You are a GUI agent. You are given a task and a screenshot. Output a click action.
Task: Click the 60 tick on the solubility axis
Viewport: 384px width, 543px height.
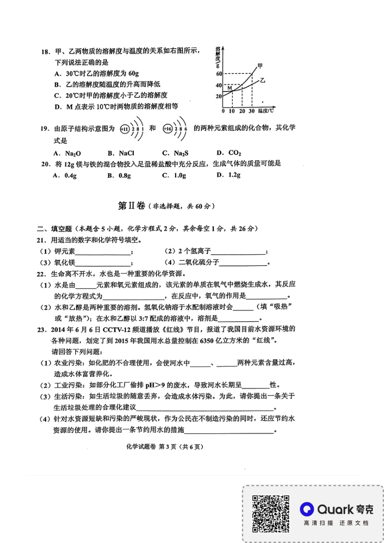click(219, 74)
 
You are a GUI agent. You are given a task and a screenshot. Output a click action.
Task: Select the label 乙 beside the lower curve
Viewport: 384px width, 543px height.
click(262, 80)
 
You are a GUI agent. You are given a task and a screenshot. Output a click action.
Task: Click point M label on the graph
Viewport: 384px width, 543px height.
click(229, 87)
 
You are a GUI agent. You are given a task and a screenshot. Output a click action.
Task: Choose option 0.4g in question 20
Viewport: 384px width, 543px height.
click(65, 175)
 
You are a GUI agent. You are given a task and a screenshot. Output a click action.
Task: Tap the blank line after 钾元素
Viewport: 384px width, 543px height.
click(103, 252)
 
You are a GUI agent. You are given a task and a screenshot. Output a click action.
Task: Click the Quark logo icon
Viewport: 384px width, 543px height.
click(307, 509)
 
